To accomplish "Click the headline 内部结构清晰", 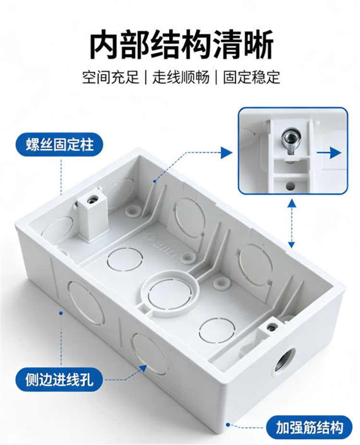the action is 181,45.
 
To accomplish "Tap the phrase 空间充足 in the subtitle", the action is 110,77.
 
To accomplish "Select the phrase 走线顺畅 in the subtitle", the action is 181,77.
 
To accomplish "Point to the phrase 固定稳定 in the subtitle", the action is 252,77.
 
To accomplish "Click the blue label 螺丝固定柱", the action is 60,144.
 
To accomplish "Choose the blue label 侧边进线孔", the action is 59,379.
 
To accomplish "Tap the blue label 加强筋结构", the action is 309,428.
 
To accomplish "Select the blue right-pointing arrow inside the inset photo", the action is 329,153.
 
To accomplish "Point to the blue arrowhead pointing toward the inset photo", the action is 227,153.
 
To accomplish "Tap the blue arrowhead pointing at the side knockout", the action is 143,368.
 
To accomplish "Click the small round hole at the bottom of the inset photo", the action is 290,186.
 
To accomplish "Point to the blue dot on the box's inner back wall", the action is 155,181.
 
